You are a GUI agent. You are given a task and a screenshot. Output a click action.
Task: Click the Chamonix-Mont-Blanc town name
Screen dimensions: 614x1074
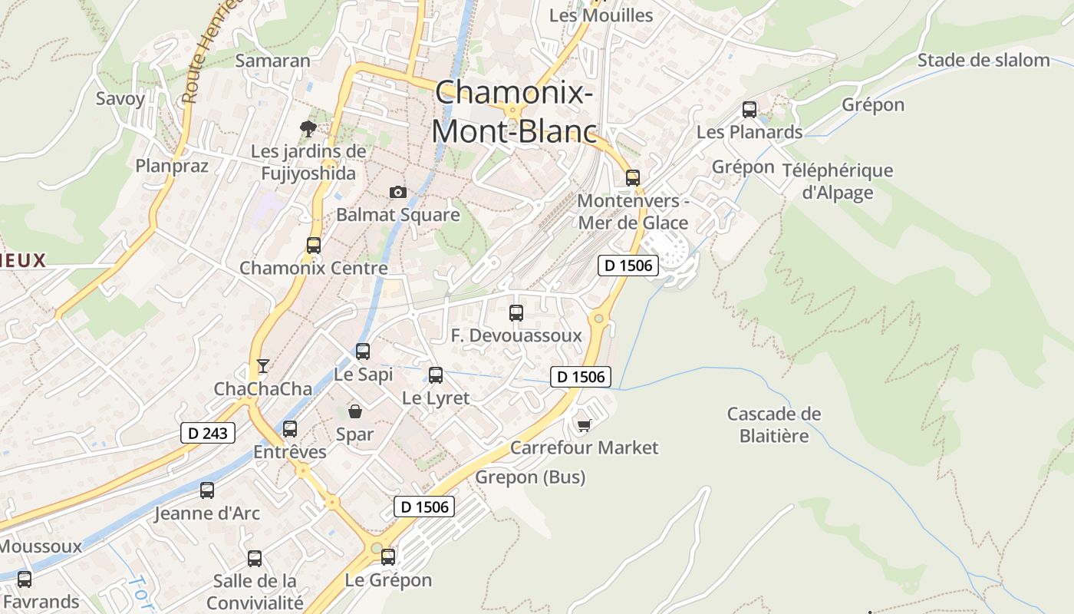(513, 112)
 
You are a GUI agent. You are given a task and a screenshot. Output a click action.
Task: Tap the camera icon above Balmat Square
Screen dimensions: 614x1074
(397, 192)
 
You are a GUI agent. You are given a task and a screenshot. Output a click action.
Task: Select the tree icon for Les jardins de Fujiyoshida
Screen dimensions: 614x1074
(308, 129)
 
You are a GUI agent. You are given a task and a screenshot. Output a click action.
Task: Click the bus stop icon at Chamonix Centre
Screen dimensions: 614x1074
(313, 246)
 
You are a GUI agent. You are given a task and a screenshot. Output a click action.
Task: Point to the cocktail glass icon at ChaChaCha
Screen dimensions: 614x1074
(263, 366)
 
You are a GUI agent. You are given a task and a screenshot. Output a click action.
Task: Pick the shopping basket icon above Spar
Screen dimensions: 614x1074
(354, 411)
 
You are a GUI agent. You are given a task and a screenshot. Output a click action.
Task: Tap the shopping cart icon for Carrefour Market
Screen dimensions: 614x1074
(584, 425)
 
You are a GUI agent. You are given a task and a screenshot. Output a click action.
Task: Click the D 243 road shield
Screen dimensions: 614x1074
(208, 433)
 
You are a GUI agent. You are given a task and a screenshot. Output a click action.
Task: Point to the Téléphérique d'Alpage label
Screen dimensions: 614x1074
(838, 181)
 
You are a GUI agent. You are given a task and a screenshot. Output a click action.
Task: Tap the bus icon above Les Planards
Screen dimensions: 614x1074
(749, 110)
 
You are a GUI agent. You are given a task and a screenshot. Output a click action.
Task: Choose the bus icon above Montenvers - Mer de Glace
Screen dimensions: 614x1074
(632, 178)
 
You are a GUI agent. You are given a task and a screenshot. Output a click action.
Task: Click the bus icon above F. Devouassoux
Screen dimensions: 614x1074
(516, 313)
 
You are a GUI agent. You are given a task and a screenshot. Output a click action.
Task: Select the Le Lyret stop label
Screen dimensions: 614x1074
(436, 398)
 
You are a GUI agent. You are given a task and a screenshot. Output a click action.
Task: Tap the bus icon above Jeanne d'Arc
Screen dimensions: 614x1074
(206, 490)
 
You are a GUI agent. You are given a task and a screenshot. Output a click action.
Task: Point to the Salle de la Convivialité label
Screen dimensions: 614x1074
(255, 591)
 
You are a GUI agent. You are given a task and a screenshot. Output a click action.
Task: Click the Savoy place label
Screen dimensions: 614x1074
(120, 98)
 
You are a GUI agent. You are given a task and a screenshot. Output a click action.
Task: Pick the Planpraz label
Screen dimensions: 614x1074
(172, 166)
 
